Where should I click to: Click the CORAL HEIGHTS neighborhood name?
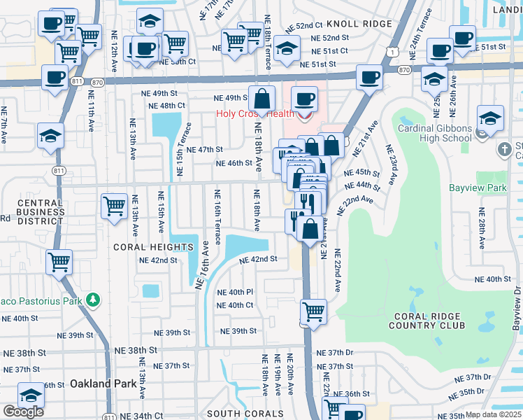click(153, 247)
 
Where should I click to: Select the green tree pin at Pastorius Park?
click(92, 301)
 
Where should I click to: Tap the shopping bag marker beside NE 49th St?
click(261, 99)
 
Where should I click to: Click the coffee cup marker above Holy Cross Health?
click(304, 99)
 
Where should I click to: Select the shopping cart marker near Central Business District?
click(115, 206)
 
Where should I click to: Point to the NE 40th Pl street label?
click(235, 292)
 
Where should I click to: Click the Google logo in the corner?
click(23, 411)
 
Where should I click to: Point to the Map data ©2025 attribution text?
click(494, 414)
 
